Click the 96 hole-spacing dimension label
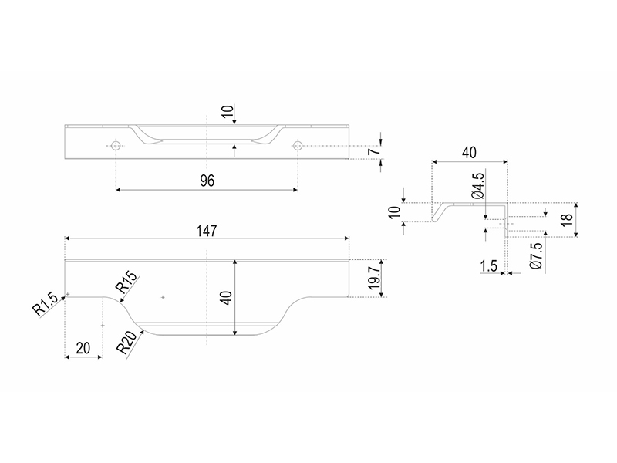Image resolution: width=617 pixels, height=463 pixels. (x=207, y=181)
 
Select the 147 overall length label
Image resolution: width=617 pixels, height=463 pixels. (x=207, y=231)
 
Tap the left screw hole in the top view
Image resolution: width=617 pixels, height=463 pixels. (x=116, y=146)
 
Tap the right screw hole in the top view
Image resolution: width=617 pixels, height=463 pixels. (x=298, y=146)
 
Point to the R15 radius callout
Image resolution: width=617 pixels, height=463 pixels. (x=127, y=282)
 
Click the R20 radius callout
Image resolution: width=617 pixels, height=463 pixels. (x=127, y=343)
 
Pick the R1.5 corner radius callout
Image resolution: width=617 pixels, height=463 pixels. (x=45, y=304)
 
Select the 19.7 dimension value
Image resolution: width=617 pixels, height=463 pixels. (x=374, y=277)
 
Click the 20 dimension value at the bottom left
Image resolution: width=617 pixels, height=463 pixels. (x=83, y=349)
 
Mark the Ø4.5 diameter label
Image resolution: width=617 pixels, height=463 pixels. (x=477, y=186)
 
